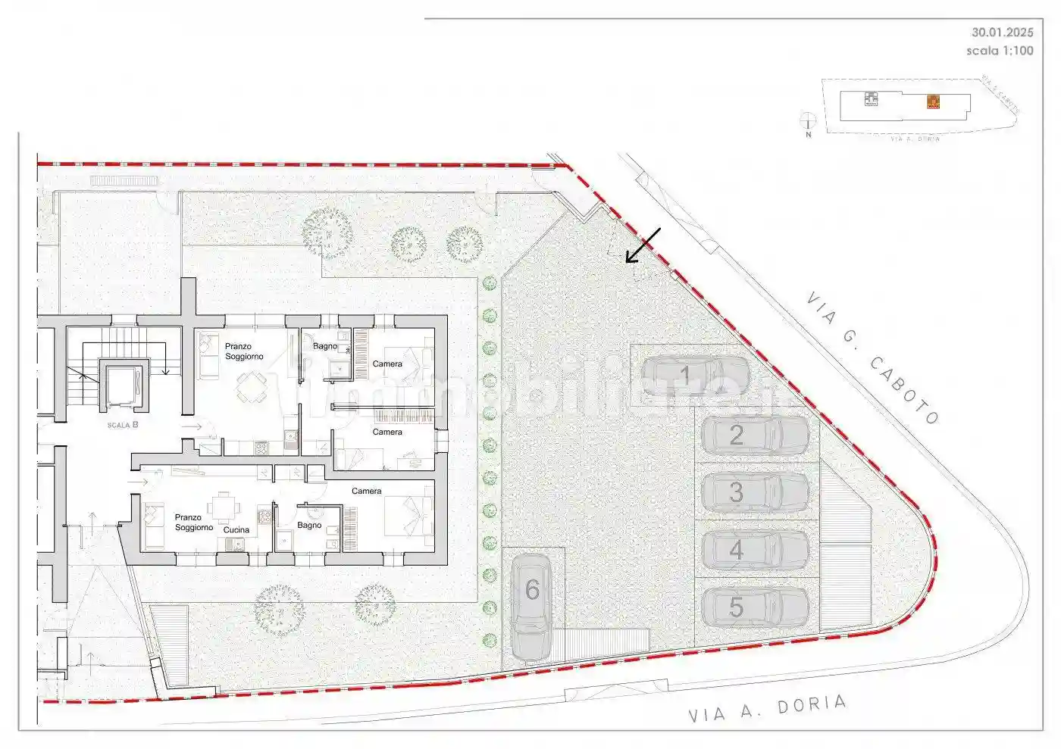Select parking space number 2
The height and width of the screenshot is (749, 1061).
[755, 435]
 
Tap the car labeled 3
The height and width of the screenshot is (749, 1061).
[755, 492]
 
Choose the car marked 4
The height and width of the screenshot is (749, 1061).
[755, 550]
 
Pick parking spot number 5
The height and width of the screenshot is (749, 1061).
[755, 607]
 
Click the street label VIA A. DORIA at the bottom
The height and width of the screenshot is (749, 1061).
[767, 709]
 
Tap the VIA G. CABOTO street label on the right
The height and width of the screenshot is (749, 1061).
[872, 357]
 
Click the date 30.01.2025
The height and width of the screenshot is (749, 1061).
[1002, 33]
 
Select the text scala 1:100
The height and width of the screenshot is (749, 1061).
[1000, 51]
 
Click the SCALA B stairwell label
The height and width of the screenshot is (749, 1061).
[123, 425]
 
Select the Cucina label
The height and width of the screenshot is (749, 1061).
[236, 530]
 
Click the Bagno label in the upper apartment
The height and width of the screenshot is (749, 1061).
[325, 346]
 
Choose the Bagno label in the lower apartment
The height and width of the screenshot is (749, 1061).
[309, 525]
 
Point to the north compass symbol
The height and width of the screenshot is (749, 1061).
[808, 120]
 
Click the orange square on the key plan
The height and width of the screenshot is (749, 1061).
[934, 101]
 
